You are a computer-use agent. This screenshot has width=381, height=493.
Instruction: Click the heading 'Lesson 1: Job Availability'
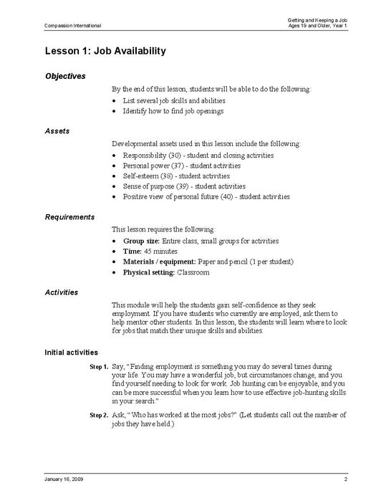[x=105, y=51]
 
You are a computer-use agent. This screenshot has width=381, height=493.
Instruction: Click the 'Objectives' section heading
[x=65, y=76]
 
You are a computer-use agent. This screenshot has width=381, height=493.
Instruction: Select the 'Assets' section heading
[x=57, y=132]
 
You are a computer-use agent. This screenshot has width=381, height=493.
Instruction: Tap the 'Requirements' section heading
[x=69, y=216]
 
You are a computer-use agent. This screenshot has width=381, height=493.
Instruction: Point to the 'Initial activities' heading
[x=77, y=352]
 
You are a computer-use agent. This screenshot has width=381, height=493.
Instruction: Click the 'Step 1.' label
[x=99, y=367]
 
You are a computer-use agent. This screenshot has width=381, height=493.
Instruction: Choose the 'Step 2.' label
[x=99, y=415]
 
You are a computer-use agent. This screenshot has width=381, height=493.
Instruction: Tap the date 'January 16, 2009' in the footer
[x=64, y=478]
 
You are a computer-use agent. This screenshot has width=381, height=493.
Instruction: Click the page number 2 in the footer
[x=345, y=478]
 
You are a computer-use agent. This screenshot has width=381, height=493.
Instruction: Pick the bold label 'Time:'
[x=133, y=251]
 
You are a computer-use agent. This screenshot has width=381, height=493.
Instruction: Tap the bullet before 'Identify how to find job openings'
[x=115, y=111]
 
